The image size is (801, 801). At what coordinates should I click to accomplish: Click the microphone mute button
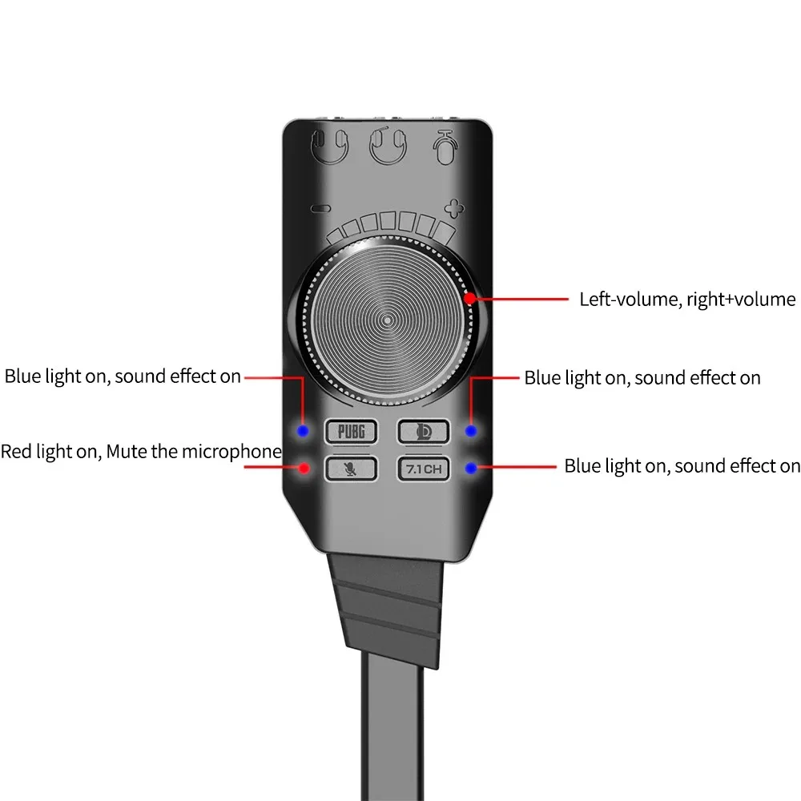coord(350,468)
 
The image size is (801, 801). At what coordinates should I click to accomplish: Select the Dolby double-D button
coord(423,431)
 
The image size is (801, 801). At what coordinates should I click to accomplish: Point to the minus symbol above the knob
coord(321,210)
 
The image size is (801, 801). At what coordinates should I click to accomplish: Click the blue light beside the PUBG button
coord(303,431)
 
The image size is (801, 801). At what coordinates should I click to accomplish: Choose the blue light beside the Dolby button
coord(472,431)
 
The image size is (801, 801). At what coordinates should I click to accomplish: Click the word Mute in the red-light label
coord(128,451)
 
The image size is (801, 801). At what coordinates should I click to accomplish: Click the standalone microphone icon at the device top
coord(445,146)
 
